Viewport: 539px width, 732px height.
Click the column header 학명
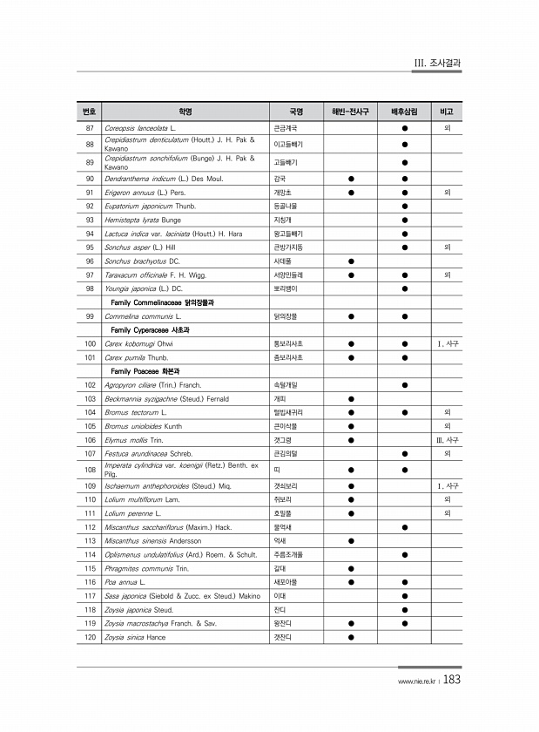click(x=185, y=112)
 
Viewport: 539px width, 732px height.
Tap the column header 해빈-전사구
click(x=350, y=112)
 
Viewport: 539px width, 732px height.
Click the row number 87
click(x=90, y=128)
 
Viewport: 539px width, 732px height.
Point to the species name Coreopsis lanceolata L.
click(x=140, y=128)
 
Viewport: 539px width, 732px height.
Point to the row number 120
click(x=90, y=638)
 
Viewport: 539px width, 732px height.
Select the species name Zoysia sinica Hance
click(x=134, y=638)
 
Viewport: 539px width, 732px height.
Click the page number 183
click(x=451, y=681)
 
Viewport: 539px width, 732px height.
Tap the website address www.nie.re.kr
click(x=416, y=682)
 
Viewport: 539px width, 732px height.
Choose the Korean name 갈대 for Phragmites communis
click(x=279, y=568)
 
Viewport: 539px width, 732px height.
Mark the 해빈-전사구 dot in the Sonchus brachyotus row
click(x=350, y=261)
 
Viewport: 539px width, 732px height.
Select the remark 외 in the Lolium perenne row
click(x=447, y=513)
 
